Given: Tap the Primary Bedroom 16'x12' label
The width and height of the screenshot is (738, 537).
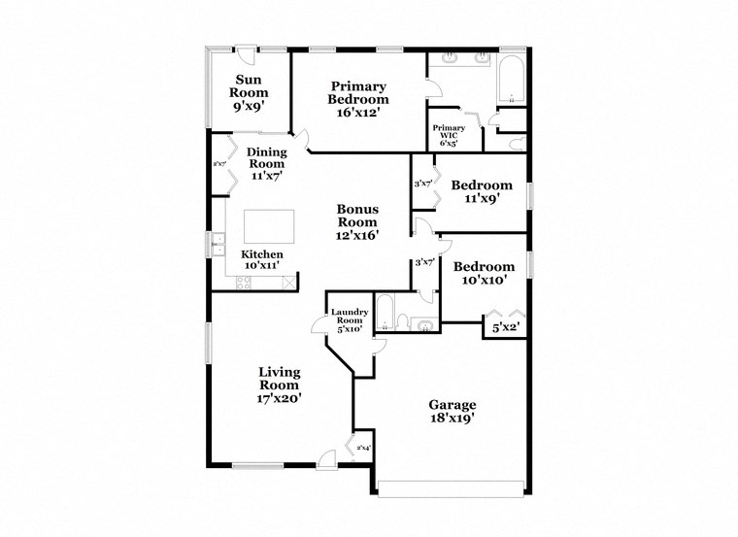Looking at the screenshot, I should (x=358, y=98).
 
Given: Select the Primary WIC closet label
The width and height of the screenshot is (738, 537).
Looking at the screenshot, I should (x=449, y=135).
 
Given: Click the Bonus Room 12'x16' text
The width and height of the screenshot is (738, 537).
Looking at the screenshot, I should (x=357, y=221).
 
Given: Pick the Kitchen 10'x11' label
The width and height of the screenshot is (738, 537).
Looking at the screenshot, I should (x=261, y=259).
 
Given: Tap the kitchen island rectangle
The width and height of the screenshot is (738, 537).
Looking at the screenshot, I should (x=269, y=227).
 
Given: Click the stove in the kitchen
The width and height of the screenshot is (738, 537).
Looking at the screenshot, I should (x=244, y=282).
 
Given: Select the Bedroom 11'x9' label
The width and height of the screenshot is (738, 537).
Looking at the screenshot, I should (x=482, y=192).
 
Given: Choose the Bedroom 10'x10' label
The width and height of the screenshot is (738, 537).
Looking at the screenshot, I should (x=483, y=274).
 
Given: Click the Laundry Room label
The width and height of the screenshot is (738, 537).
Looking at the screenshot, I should (x=347, y=319).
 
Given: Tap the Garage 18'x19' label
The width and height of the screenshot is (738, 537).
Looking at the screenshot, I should (x=453, y=412).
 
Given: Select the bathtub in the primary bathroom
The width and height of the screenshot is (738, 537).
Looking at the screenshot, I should (x=511, y=82).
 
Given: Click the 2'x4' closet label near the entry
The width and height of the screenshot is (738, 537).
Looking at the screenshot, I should (x=363, y=448).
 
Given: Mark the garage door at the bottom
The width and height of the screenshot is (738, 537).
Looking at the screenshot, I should (x=452, y=488).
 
